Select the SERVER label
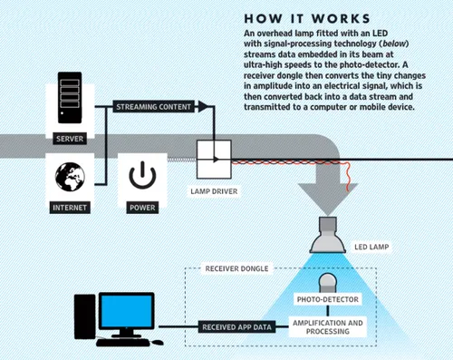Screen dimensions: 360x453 pyautogui.click(x=71, y=140)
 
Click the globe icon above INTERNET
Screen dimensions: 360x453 pyautogui.click(x=71, y=177)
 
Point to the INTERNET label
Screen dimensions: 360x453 pyautogui.click(x=71, y=208)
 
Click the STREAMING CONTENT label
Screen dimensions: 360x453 pyautogui.click(x=153, y=106)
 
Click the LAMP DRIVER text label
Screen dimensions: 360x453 pyautogui.click(x=215, y=192)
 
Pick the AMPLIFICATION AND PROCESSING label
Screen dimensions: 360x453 pyautogui.click(x=326, y=327)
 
